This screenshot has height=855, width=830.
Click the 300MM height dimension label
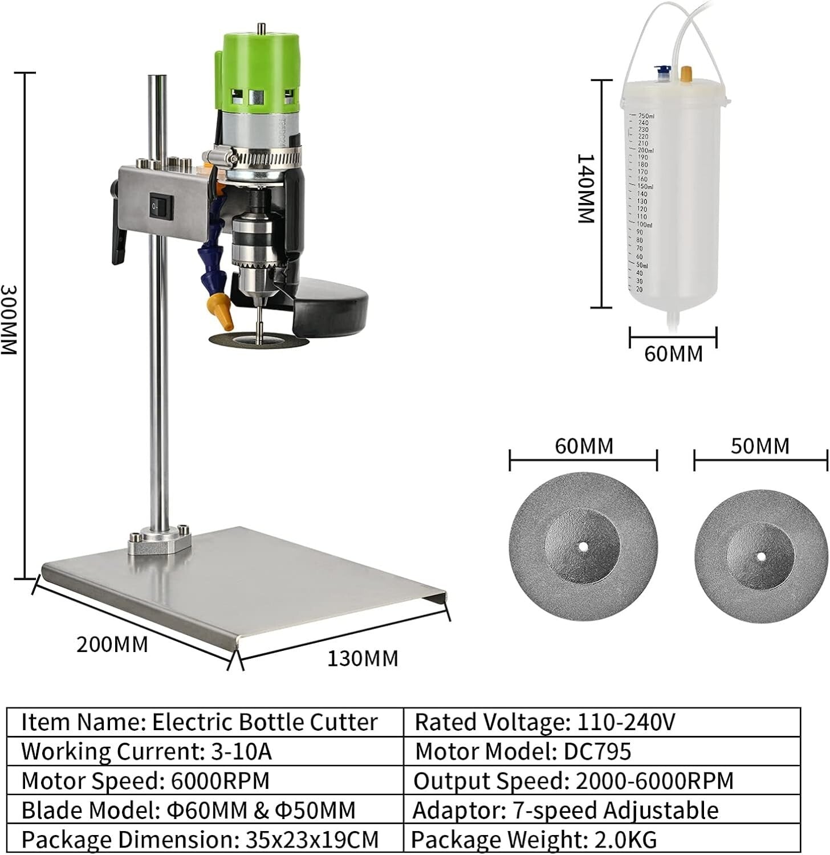click(10, 319)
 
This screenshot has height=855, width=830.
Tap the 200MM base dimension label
click(112, 645)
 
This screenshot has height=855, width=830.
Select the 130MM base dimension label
click(363, 658)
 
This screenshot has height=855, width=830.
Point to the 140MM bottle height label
click(586, 188)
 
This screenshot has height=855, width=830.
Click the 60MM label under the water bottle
click(673, 354)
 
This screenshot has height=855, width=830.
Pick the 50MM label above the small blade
click(760, 446)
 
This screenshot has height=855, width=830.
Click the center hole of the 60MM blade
click(583, 547)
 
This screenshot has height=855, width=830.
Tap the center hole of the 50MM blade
click(760, 556)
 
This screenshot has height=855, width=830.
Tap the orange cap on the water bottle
click(686, 74)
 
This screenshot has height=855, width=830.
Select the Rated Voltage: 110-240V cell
click(601, 722)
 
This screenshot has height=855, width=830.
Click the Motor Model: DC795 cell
click(601, 752)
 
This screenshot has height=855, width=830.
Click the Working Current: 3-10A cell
click(205, 752)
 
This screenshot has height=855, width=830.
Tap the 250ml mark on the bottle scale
click(646, 116)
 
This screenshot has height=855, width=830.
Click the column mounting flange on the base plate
click(159, 540)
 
